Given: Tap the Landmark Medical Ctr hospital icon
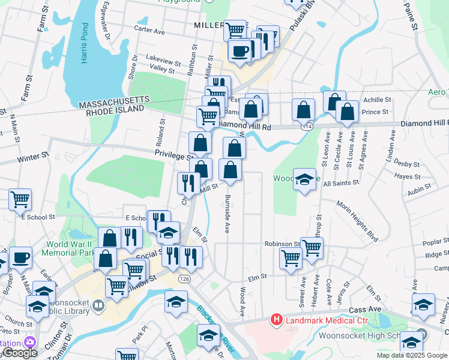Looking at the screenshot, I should [x=276, y=319].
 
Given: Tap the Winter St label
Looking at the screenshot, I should [x=32, y=158].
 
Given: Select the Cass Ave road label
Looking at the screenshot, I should [x=366, y=309].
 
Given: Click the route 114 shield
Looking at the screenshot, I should [x=308, y=127].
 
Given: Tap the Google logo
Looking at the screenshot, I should [x=19, y=353].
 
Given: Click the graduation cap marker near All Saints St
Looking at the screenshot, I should [x=304, y=179].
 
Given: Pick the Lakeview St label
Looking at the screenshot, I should [x=164, y=61].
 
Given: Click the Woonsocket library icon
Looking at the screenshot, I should [x=98, y=306].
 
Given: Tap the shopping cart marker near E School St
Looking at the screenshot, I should [x=20, y=199].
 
